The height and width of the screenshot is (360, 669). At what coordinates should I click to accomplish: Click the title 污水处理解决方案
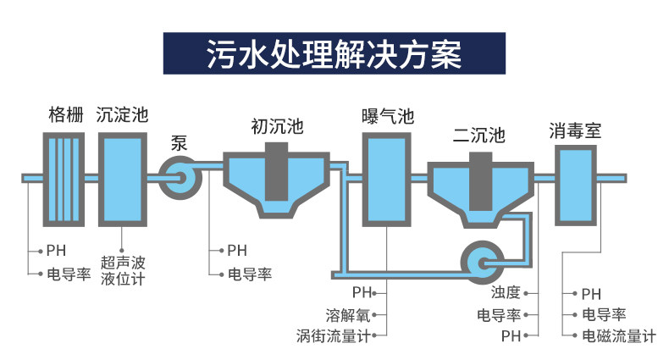(334, 54)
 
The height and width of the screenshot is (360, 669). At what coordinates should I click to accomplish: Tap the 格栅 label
(66, 114)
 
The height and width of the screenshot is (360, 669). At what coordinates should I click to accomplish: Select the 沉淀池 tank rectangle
(123, 179)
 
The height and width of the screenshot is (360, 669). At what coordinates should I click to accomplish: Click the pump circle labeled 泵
(180, 178)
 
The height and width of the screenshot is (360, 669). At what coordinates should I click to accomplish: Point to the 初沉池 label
(277, 126)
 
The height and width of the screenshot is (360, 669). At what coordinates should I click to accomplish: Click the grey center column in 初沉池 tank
(276, 171)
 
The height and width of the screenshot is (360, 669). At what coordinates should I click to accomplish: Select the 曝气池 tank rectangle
(386, 179)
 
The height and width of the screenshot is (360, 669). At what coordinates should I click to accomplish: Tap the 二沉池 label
(479, 136)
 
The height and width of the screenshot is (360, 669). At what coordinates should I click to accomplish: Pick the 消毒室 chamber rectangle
(576, 186)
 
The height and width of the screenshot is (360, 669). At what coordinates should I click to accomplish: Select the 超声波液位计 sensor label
(123, 270)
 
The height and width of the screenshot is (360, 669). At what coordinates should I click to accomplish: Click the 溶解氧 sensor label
(348, 315)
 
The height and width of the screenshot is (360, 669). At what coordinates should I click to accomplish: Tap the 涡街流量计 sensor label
(333, 336)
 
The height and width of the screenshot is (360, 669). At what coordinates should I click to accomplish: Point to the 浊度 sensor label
(506, 292)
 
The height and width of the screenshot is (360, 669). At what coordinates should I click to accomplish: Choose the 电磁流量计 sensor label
(619, 336)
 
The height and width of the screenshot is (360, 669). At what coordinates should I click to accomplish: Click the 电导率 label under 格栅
(69, 274)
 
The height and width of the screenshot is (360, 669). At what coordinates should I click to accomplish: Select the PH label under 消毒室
(591, 294)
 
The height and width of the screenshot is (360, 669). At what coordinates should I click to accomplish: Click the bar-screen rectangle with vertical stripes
(64, 179)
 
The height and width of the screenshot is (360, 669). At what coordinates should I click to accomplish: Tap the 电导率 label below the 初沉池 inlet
(250, 274)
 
